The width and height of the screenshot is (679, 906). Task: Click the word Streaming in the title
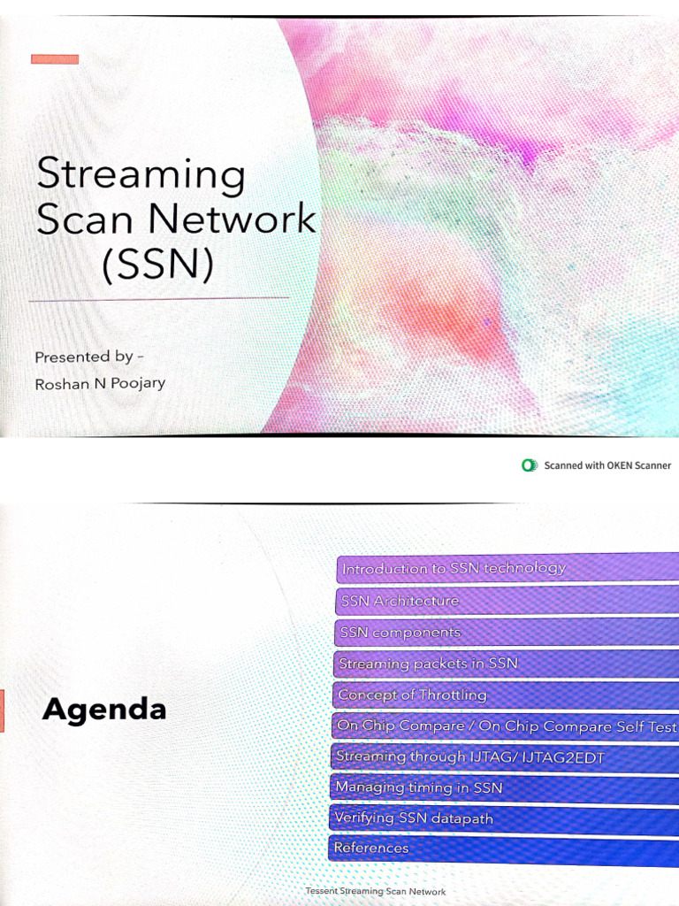141,174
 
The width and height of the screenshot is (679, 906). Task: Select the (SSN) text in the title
158,264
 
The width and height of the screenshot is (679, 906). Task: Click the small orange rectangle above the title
55,59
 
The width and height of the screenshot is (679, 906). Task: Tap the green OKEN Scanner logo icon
530,465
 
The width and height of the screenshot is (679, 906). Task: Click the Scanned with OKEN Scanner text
607,465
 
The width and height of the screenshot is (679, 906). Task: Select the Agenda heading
104,710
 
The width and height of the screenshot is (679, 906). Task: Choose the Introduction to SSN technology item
454,568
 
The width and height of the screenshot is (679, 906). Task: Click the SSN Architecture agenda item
400,601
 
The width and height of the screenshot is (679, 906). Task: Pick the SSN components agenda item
401,633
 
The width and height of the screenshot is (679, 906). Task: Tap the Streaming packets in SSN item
429,663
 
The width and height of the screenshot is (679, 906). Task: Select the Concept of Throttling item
412,695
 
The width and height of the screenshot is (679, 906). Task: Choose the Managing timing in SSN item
419,787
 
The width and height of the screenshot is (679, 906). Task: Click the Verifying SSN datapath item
414,818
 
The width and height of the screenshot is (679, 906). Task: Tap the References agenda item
371,848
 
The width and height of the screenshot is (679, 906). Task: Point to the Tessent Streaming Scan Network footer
376,892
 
